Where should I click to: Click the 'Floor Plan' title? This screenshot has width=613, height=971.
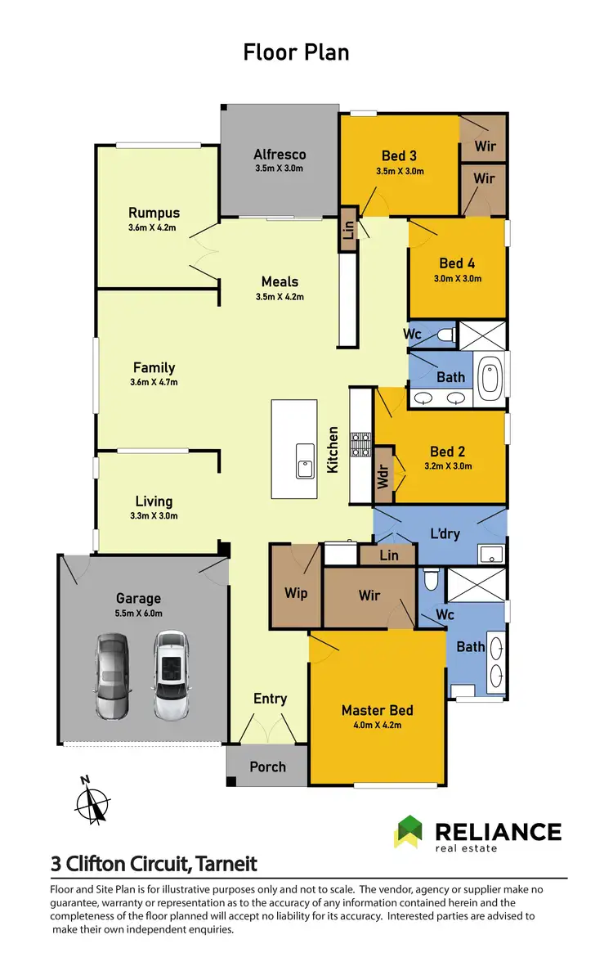(x=296, y=52)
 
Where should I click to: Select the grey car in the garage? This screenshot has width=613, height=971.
(x=112, y=665)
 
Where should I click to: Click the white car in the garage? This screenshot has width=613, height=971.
(x=170, y=665)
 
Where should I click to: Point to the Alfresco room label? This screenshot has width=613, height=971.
(x=280, y=154)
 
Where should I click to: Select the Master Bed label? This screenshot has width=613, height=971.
(x=377, y=710)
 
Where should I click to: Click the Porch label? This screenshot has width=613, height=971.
(x=267, y=766)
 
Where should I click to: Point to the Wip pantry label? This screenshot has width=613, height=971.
(x=296, y=592)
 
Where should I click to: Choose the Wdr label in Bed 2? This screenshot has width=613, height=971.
(x=383, y=477)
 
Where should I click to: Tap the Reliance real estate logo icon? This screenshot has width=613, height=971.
(x=409, y=832)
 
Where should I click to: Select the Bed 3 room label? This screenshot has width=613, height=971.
(x=400, y=156)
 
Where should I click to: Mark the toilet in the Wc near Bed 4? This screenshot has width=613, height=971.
(x=445, y=333)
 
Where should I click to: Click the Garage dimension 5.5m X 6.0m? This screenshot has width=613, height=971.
(x=138, y=613)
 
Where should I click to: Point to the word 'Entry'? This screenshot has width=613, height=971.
(x=270, y=698)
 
